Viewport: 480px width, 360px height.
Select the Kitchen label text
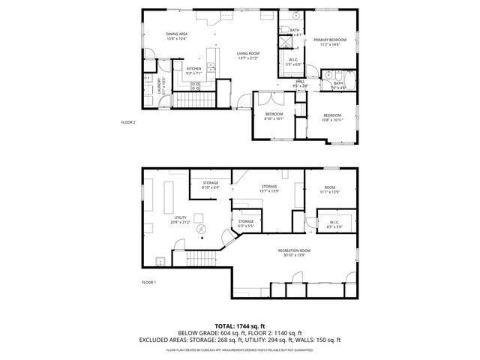tap(193, 70)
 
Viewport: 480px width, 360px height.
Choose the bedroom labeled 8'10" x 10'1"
tap(274, 115)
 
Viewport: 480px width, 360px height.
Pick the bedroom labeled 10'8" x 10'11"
tap(332, 118)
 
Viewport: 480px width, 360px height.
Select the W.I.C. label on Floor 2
tap(295, 62)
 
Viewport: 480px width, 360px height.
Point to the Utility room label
tap(180, 219)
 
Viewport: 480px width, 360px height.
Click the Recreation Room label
tap(294, 253)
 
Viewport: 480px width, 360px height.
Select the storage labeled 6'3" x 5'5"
tap(246, 223)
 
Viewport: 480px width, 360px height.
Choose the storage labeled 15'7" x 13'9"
tap(269, 188)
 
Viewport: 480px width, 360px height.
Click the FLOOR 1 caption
tap(148, 282)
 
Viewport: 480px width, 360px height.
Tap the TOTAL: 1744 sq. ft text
tap(239, 326)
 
